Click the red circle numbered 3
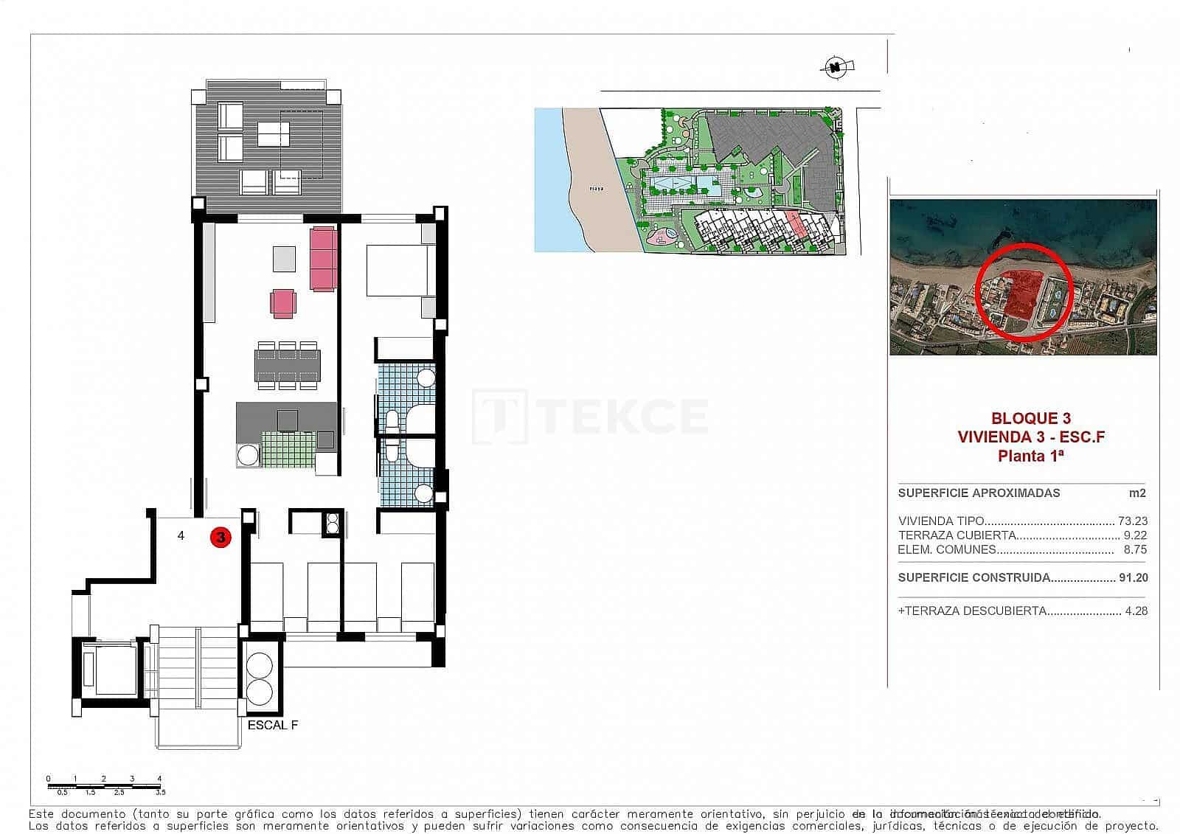tap(221, 538)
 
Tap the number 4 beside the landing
tap(181, 536)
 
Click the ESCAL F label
tap(273, 725)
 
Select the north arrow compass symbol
tap(836, 69)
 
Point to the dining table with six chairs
tap(288, 364)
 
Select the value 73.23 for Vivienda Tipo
tap(1132, 521)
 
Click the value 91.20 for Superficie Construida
tap(1132, 578)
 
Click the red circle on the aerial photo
tap(1024, 292)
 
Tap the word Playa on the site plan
tap(596, 189)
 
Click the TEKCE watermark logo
tap(590, 416)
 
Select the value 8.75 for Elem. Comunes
tap(1135, 549)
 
